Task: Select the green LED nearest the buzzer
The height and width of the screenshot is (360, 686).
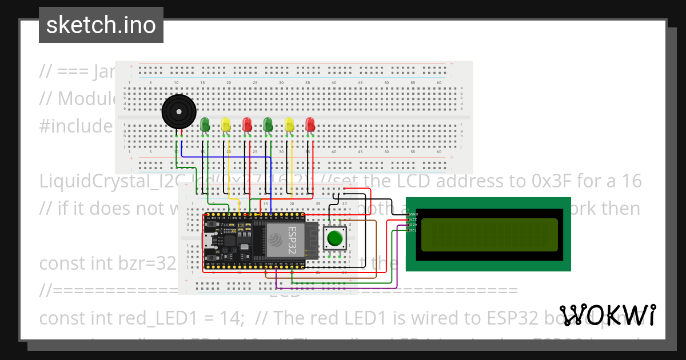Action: (205, 124)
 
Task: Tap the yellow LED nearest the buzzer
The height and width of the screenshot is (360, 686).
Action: (226, 124)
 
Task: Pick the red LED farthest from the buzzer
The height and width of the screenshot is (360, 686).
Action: (310, 124)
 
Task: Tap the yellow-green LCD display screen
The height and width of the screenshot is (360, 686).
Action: (489, 235)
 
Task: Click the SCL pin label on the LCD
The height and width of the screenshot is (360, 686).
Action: (413, 230)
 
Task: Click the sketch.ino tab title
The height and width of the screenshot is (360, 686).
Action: (101, 25)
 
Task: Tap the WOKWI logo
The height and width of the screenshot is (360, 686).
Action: (607, 315)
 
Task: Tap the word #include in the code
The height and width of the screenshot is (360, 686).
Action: (76, 126)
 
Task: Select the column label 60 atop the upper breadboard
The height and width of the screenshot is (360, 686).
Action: (438, 83)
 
